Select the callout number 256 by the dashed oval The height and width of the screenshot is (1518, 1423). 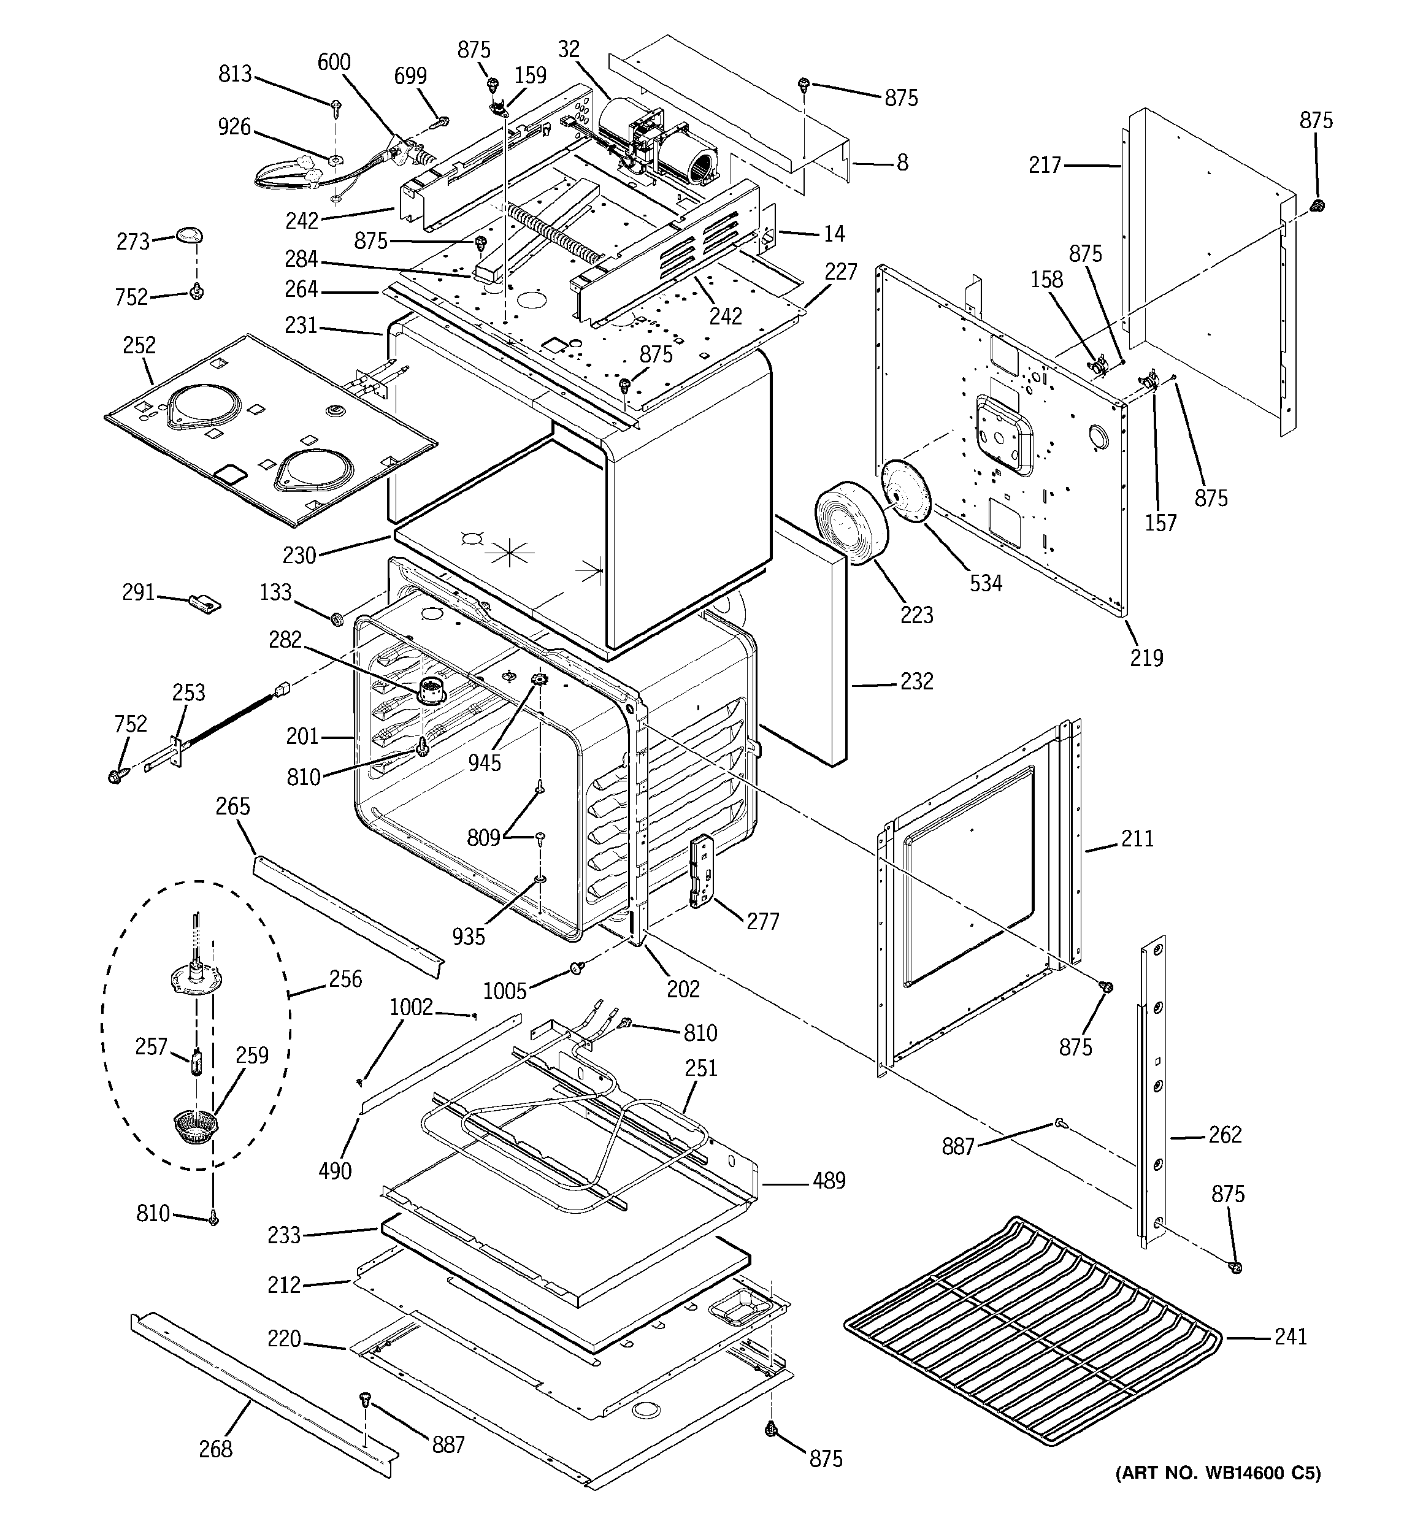pos(345,979)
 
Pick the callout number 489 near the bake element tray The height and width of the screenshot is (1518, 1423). pos(829,1181)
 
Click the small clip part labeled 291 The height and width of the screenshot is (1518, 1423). pos(205,604)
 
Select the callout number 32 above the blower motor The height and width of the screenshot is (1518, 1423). pos(569,49)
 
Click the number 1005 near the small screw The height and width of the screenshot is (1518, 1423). pos(505,991)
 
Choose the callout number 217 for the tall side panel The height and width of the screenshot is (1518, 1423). pos(1045,164)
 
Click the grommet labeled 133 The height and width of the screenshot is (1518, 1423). pos(334,617)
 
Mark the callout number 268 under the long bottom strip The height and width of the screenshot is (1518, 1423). pos(215,1449)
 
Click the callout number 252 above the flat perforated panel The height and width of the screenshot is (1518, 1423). pos(139,345)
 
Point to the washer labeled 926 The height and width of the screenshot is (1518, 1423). pos(334,159)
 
